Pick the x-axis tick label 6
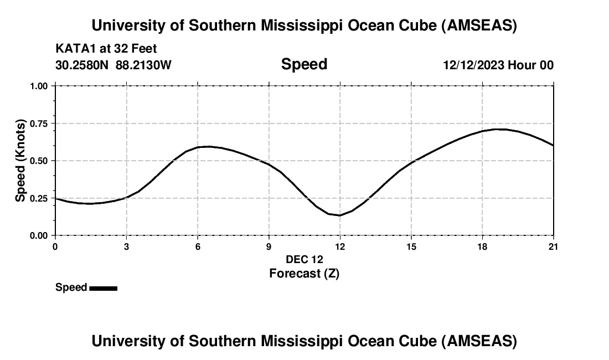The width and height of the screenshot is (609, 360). [198, 246]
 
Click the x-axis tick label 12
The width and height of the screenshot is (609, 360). [339, 246]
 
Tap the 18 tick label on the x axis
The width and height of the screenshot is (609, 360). [482, 246]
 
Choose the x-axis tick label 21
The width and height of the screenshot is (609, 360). [553, 246]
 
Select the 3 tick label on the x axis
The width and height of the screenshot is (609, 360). [127, 246]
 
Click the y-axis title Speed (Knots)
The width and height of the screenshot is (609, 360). [20, 161]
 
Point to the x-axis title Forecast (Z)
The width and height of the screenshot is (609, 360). [304, 273]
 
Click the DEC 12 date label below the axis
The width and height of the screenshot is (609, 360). [304, 259]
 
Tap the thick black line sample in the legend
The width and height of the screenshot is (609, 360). [103, 288]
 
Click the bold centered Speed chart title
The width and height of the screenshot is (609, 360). [304, 64]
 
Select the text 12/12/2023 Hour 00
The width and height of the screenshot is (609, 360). [498, 65]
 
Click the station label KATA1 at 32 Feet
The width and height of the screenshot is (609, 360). [106, 49]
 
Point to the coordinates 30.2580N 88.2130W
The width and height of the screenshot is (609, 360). [113, 65]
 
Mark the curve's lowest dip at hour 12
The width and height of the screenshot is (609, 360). [339, 215]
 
